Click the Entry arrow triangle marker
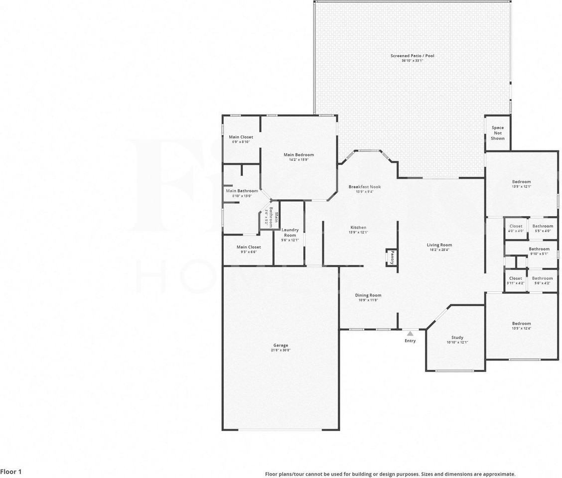410,334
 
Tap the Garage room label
281,346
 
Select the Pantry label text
392,257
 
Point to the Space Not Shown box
498,133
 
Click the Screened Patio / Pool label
412,56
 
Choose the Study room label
457,338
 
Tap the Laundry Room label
290,233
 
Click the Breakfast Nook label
364,187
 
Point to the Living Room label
439,245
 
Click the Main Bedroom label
298,155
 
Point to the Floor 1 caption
11,471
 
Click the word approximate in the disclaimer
498,475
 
